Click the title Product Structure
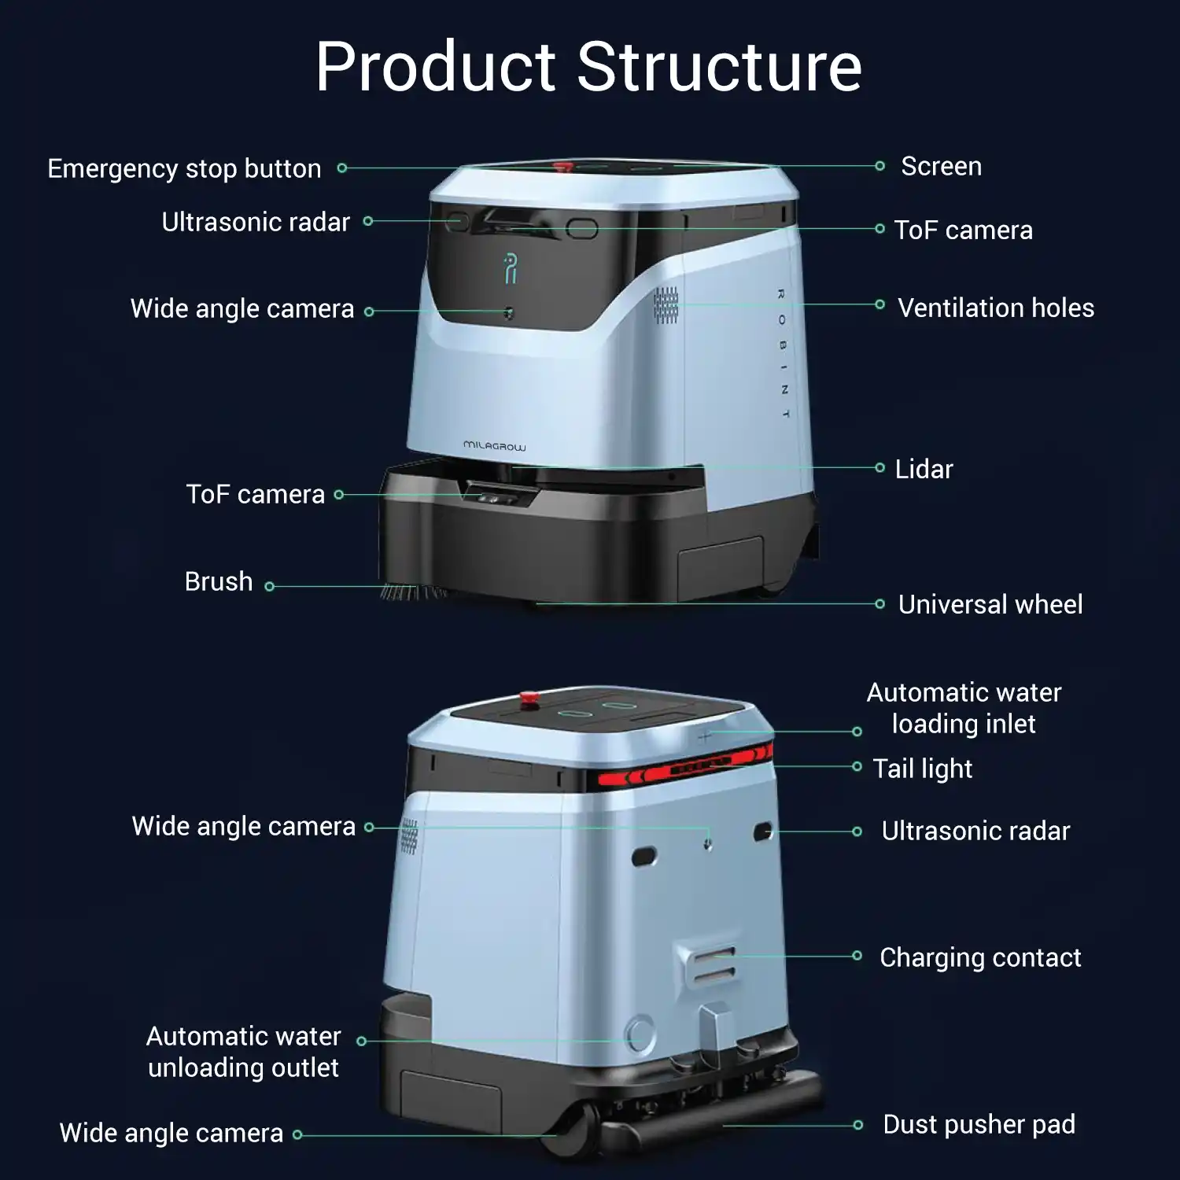(588, 67)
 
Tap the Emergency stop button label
(184, 168)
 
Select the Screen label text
(941, 167)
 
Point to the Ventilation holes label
(995, 308)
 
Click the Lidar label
(924, 469)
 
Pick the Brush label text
(218, 581)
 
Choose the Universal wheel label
(990, 604)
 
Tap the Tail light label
(922, 769)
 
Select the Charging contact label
(979, 957)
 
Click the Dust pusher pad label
(979, 1124)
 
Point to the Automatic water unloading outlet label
(243, 1052)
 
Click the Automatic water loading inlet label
(964, 708)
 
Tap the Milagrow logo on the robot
(494, 446)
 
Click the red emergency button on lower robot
(528, 698)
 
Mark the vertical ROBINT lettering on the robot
(783, 353)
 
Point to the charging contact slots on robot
(713, 964)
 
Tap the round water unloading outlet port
(639, 1033)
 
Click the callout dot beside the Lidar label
(879, 468)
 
